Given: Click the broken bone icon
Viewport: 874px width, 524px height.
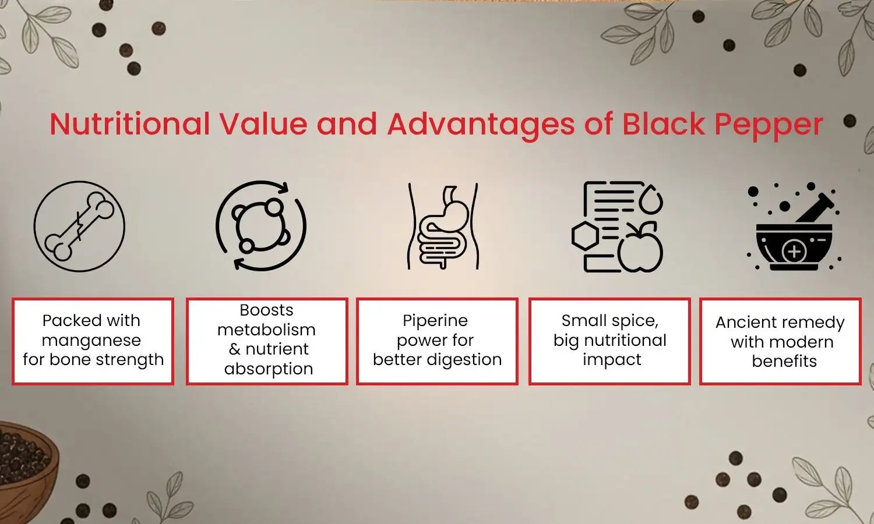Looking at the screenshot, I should pos(80,226).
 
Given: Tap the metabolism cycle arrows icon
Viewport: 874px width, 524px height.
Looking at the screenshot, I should pos(261,226).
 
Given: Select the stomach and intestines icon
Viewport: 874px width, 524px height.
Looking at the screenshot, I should pos(443,227).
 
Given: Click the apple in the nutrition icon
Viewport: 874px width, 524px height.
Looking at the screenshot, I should pos(640,249).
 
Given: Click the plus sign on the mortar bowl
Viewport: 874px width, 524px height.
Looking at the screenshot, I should pos(794,253).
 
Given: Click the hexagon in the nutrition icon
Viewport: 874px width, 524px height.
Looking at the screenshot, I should pos(584,237).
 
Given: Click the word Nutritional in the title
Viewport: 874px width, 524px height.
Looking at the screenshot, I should pos(129,125).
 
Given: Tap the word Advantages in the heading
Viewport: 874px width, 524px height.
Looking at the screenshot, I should pos(481,125).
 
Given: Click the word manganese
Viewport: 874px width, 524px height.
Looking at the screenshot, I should pos(91,340).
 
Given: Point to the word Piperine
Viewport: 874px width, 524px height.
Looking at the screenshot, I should pos(435,321).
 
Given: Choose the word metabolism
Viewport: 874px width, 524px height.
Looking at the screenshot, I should pos(266,330).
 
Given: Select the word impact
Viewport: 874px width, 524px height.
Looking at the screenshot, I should pos(612,360).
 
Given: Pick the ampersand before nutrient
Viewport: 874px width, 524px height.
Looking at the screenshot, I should pos(234,349).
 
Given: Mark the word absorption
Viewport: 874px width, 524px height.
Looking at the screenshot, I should pos(269,369).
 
